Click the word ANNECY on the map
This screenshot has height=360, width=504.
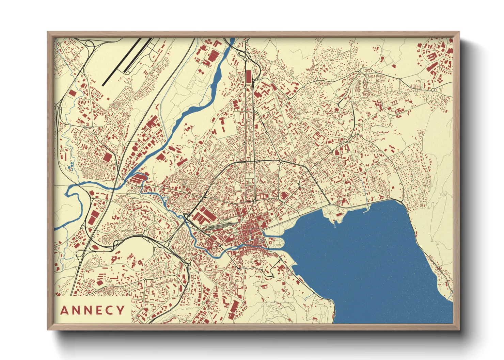point(93,310)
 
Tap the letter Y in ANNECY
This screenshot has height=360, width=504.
point(121,310)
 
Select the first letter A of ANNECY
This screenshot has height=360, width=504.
point(64,310)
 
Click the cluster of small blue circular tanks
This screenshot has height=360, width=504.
point(71,166)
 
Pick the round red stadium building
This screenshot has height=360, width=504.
point(284,196)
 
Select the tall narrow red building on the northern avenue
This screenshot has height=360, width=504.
point(248,76)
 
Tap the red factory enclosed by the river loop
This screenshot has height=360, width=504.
point(139,178)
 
